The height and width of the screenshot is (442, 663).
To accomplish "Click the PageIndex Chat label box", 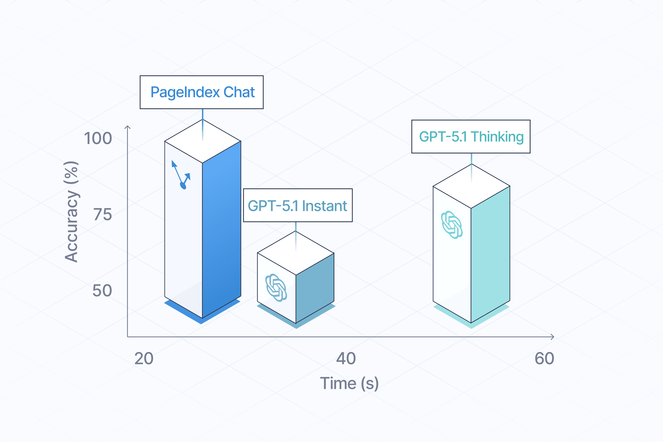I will point(201,92).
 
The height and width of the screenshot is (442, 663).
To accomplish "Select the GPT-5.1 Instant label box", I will point(298,205).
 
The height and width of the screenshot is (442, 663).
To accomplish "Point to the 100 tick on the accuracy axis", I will point(98,138).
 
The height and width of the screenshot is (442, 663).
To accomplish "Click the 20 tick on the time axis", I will point(144,359).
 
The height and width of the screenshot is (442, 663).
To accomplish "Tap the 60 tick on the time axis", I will point(544,359).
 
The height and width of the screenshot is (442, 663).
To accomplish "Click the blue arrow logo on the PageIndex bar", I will point(181,175).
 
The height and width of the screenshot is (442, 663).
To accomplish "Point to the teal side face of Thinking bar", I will point(490,254).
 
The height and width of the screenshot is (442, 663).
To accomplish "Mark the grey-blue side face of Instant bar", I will point(315,287).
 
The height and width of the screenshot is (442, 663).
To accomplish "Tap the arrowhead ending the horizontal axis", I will point(553,337).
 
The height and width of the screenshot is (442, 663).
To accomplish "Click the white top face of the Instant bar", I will point(296,253).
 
